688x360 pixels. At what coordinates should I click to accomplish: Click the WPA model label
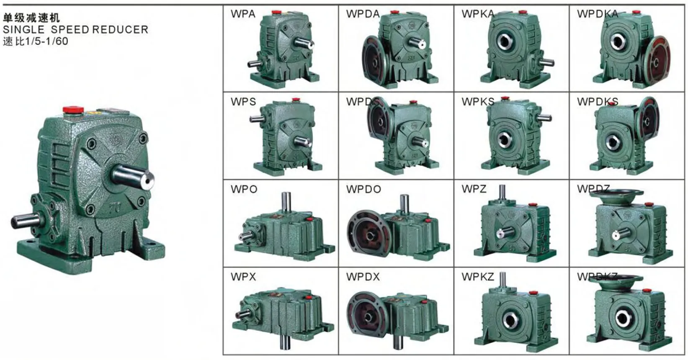(242, 14)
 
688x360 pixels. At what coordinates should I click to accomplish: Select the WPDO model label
(363, 189)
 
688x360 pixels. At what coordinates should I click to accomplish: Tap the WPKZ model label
(477, 277)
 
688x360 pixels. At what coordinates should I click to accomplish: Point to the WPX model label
(243, 277)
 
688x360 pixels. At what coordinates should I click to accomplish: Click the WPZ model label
(474, 189)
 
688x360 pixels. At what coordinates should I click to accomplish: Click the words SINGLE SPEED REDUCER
(75, 30)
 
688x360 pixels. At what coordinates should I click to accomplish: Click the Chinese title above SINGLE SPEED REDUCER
(31, 18)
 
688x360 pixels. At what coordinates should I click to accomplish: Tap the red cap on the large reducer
(74, 110)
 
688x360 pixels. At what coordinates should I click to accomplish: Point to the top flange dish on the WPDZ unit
(616, 194)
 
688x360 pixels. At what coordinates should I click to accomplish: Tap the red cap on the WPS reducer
(296, 100)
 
